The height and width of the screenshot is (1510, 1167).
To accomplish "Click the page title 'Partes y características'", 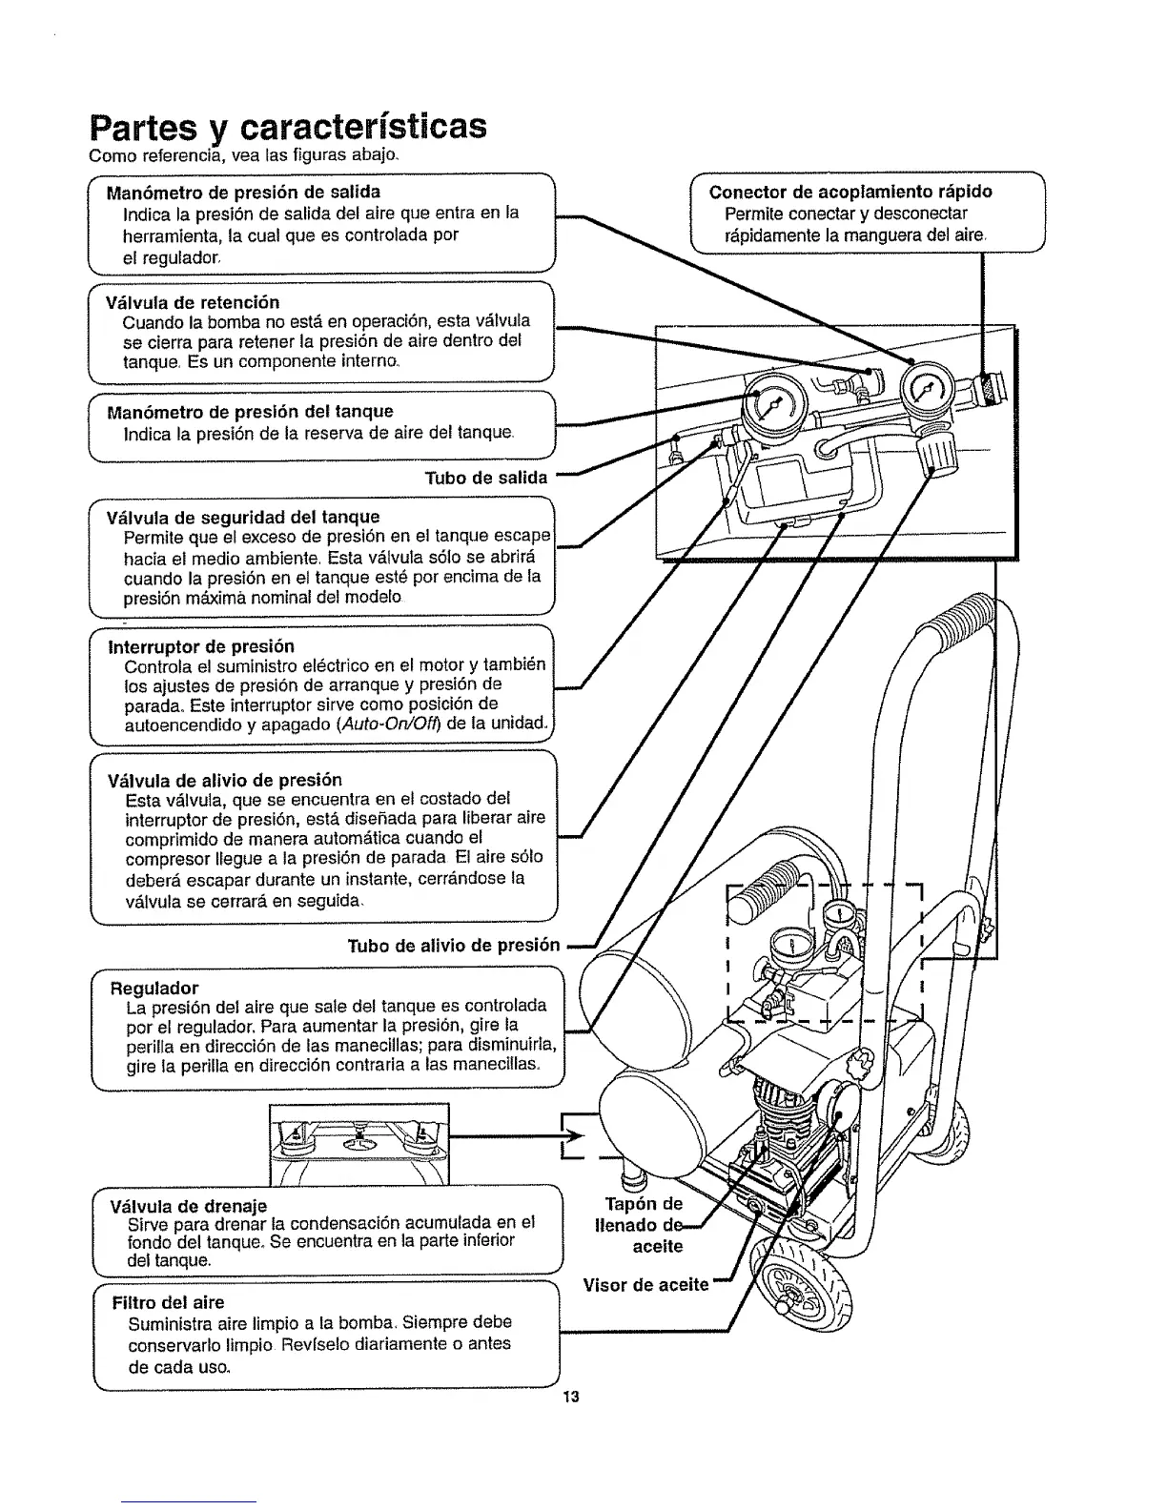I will pos(287,127).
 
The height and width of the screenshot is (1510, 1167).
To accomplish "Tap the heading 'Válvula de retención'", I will pos(194,302).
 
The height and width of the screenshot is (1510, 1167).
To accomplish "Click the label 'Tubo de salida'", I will pos(486,478).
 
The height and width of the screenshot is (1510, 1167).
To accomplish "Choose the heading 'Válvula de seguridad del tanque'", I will pos(243,518).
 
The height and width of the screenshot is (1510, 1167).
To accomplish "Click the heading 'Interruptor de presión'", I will pos(201,646).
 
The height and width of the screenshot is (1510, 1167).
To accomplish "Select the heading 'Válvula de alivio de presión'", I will pos(225,779).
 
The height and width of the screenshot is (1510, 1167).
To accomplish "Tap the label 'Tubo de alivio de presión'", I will pos(453,946).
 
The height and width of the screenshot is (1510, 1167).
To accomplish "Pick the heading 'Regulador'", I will pos(155,987).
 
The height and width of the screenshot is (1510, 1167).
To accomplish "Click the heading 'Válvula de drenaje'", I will pos(189,1207).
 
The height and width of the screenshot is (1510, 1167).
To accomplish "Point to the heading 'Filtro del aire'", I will pos(168,1302).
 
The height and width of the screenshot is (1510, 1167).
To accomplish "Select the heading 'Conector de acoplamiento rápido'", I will pos(850,192).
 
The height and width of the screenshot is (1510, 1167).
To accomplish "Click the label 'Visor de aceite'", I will pos(646,1284).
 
